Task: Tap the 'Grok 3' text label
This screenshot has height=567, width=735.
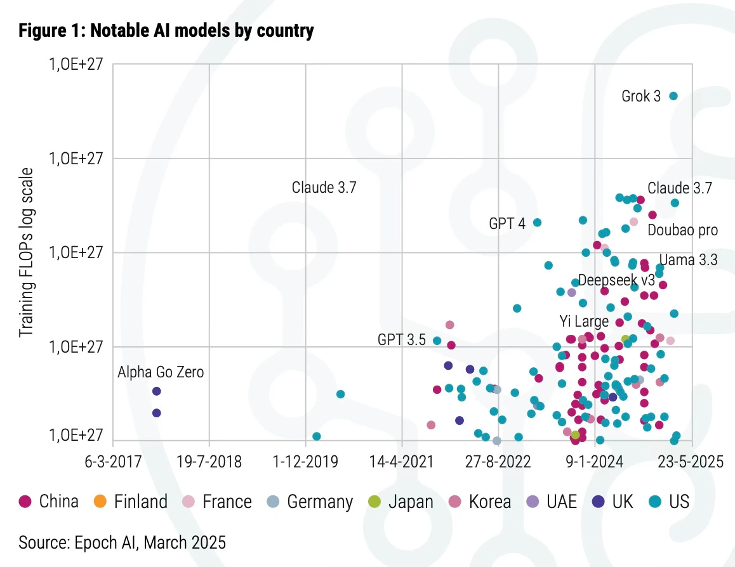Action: [x=641, y=96]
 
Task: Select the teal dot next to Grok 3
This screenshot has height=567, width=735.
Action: [x=673, y=96]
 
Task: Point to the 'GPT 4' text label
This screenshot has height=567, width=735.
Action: [x=507, y=223]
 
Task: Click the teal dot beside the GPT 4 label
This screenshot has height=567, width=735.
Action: [x=537, y=222]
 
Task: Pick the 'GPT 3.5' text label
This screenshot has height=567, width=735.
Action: [x=401, y=340]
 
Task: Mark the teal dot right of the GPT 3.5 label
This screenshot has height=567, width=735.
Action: [x=437, y=341]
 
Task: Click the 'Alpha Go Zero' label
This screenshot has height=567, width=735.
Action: [x=161, y=372]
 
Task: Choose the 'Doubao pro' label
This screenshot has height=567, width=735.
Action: [x=682, y=230]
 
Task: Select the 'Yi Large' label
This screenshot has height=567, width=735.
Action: [x=584, y=321]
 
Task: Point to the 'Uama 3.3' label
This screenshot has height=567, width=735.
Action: [x=688, y=259]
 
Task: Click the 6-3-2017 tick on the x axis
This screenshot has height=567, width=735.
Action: [x=112, y=462]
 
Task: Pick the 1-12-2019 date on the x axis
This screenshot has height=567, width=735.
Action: [x=306, y=462]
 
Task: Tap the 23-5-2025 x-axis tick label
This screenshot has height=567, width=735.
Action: [x=692, y=462]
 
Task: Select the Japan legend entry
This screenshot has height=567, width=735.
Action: [x=401, y=502]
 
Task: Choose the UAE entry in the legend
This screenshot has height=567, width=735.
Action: [x=552, y=502]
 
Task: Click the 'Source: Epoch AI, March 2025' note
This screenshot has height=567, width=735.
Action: [x=122, y=542]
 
